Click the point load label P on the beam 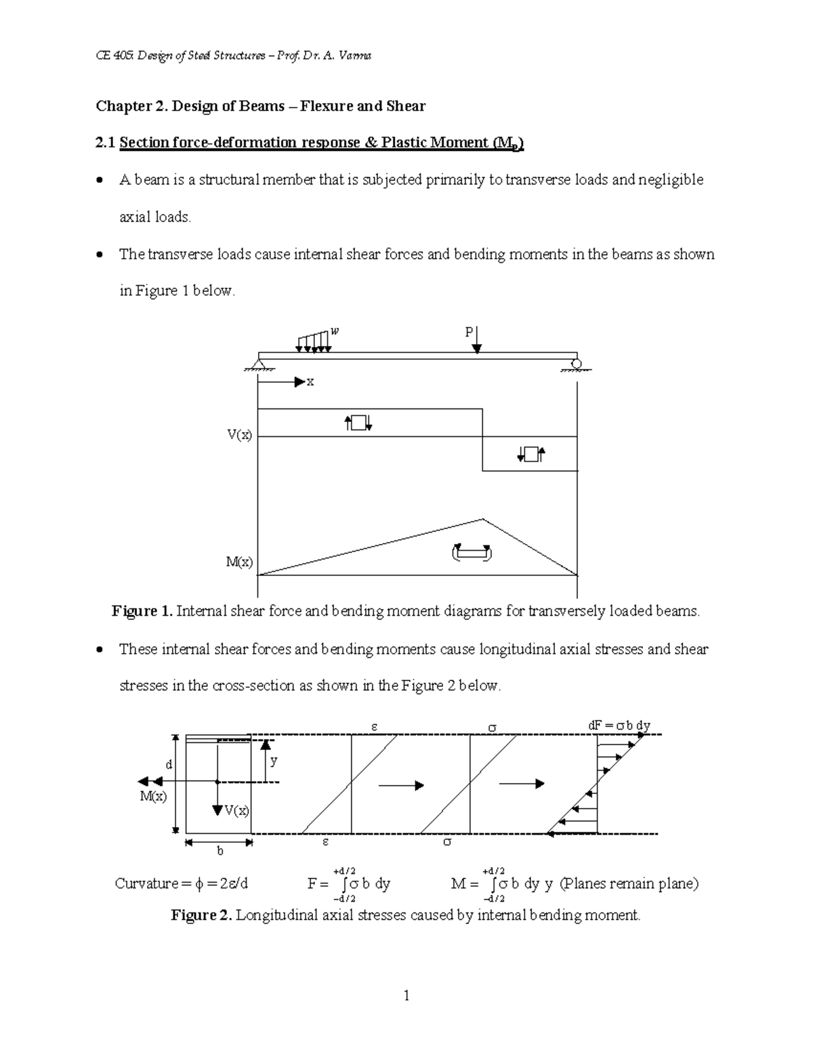tap(468, 332)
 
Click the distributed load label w tap(334, 331)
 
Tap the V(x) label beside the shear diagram tap(239, 435)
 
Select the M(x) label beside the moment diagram tap(239, 562)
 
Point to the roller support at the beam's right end tap(576, 364)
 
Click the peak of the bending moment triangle tap(482, 520)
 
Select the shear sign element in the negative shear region tap(530, 454)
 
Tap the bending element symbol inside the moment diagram tap(472, 553)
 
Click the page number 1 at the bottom tap(406, 995)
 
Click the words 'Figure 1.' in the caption tap(142, 611)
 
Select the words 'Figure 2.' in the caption tap(202, 915)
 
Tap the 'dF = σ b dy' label tap(619, 725)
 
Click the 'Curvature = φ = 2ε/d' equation tap(182, 883)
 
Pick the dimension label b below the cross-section tap(220, 851)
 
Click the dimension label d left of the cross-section tap(169, 764)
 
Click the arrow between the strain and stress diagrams tap(401, 785)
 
